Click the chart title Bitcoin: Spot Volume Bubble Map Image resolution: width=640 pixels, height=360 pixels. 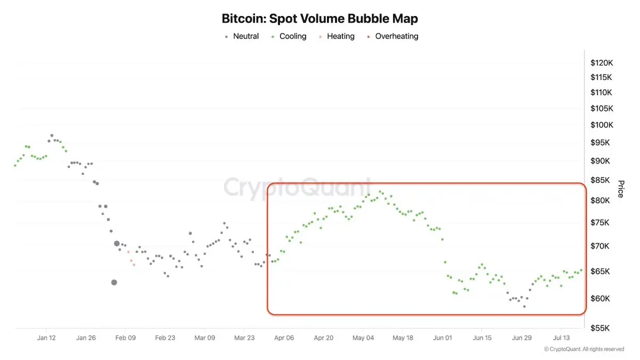tap(319, 19)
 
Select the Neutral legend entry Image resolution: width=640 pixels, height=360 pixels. tap(242, 36)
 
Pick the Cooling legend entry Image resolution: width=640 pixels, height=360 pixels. tap(289, 36)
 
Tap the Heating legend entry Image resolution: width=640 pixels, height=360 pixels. tap(337, 36)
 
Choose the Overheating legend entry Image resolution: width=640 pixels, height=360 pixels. tap(393, 36)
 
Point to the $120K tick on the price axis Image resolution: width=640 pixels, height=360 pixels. tap(602, 63)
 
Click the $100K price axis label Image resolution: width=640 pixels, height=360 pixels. tap(602, 125)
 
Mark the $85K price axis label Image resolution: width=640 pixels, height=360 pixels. tap(600, 180)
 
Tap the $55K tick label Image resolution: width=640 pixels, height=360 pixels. tap(600, 328)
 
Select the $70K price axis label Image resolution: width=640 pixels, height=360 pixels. tap(600, 246)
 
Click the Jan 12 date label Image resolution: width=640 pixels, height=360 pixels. tap(46, 338)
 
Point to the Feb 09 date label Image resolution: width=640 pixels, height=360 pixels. tap(125, 338)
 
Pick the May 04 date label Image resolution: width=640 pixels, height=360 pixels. tap(363, 338)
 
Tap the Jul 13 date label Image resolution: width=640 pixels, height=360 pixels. tap(562, 338)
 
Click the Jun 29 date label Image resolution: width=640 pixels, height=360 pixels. tap(522, 338)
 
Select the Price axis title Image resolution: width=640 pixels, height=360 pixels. tap(621, 189)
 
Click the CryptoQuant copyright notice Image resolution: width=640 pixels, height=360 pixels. tap(584, 349)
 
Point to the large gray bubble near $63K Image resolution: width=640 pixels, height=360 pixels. tap(114, 283)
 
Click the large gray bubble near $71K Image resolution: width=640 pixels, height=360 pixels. tap(117, 244)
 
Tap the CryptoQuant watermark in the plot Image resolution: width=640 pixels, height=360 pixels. tap(297, 187)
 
